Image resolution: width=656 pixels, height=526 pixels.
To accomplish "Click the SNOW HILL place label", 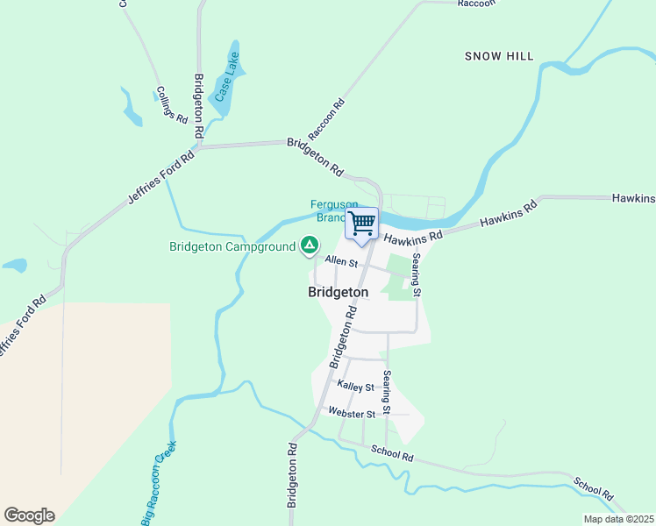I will [499, 56].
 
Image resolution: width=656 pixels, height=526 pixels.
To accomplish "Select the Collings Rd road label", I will [172, 104].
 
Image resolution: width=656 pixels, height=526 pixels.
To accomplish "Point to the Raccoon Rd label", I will [327, 117].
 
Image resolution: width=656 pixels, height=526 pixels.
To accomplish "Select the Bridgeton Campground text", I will [232, 247].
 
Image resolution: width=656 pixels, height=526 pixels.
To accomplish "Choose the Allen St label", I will [341, 261].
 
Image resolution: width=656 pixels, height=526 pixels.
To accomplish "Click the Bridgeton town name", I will [338, 292].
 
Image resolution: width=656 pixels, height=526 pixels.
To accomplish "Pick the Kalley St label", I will [355, 387].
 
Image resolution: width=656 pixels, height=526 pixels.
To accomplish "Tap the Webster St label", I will [352, 413].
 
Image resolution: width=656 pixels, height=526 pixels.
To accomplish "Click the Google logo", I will [29, 515].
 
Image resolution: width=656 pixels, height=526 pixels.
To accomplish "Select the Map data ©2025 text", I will [617, 519].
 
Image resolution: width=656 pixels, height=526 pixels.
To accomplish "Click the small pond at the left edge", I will [15, 265].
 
